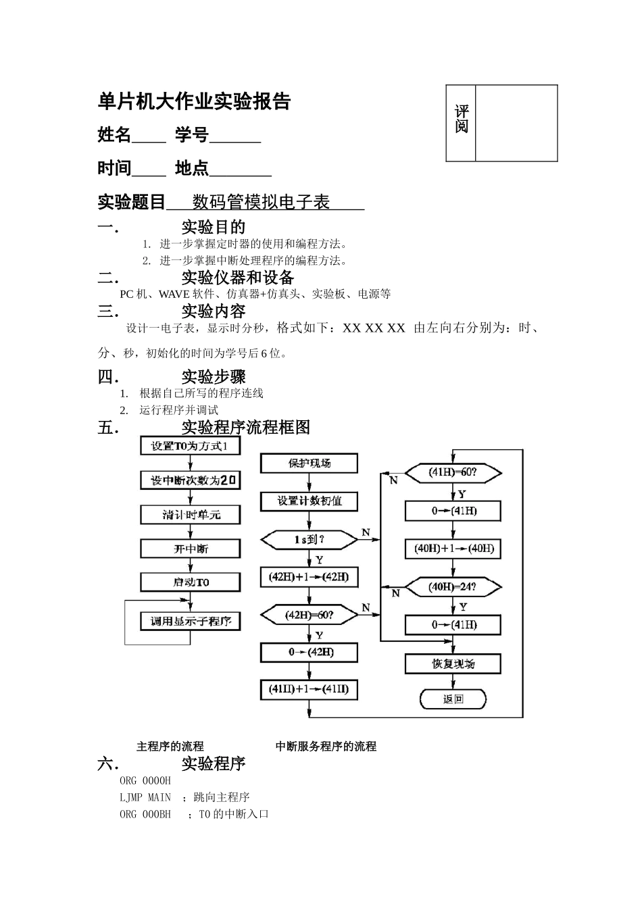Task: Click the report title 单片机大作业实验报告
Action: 194,101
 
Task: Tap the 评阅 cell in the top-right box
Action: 461,120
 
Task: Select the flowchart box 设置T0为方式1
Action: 191,446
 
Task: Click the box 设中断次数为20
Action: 191,480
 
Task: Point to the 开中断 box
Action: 191,549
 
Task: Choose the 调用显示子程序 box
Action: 191,621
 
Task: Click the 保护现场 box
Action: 309,463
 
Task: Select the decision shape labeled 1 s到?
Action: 309,540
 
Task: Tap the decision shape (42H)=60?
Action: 309,615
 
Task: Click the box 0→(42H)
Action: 309,652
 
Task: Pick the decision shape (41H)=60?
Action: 453,472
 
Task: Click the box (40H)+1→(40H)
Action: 453,548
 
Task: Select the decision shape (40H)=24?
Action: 453,586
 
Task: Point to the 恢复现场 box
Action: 453,663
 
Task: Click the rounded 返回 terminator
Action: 453,699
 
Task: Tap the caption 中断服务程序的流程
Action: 326,747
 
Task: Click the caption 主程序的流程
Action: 170,747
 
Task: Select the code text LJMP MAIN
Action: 145,797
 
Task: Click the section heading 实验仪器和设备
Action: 237,278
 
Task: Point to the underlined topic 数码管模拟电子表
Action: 261,202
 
